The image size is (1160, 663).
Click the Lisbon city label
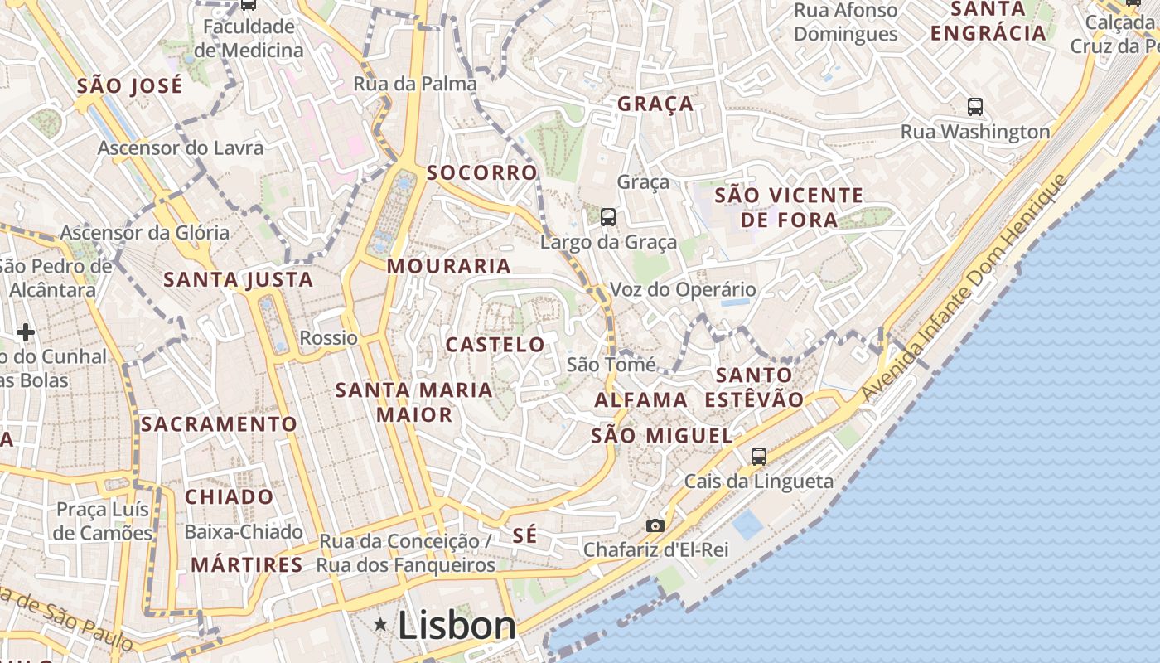coord(457,625)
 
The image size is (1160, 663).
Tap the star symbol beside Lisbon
coord(381,623)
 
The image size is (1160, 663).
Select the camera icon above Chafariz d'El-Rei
coord(655,525)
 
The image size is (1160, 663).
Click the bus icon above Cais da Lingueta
coord(758,456)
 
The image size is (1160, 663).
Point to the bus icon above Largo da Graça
coord(608,217)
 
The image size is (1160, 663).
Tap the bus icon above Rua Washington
coord(974,106)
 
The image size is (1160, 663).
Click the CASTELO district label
coord(495,345)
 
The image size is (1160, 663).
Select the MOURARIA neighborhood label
coord(448,266)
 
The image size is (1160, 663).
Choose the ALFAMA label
coord(641,400)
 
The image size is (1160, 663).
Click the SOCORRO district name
coord(481,172)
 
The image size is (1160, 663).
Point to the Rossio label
coord(329,338)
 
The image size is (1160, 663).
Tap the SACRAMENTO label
coord(219,424)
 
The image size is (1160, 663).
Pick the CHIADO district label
coord(229,497)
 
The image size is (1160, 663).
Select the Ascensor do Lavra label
coord(181,148)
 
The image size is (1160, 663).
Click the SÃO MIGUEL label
coord(662,436)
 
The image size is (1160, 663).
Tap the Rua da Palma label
coord(415,84)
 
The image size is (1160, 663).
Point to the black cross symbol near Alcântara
coord(26,332)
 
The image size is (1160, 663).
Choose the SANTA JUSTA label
coord(239,280)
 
